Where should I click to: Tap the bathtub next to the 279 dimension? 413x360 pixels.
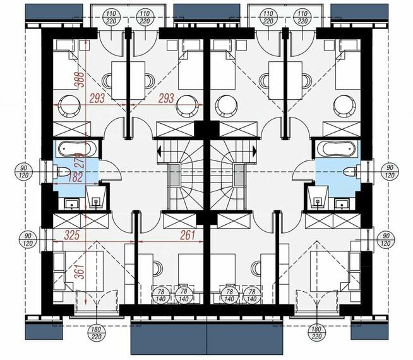coord(76,149)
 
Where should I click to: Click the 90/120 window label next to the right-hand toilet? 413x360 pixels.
coord(389,171)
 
